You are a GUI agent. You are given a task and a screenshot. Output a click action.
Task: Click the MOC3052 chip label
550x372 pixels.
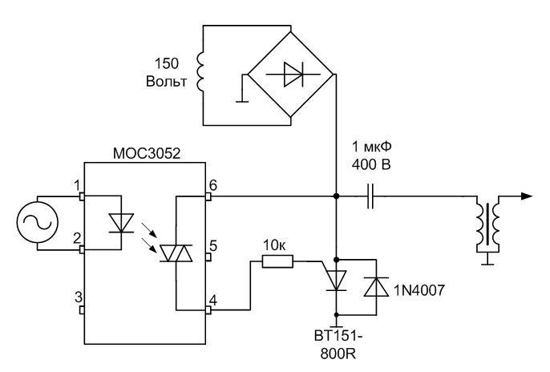(145, 152)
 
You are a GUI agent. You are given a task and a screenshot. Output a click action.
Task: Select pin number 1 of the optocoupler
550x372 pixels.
(78, 185)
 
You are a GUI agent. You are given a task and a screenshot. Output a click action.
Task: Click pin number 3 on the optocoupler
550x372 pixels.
(78, 297)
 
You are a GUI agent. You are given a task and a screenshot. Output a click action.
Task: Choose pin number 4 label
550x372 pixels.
(212, 301)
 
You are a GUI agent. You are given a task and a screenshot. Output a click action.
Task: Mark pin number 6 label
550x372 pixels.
(212, 185)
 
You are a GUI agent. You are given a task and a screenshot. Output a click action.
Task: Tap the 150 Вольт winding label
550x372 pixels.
(168, 71)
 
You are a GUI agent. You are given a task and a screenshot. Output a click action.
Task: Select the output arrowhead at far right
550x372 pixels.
(526, 195)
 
